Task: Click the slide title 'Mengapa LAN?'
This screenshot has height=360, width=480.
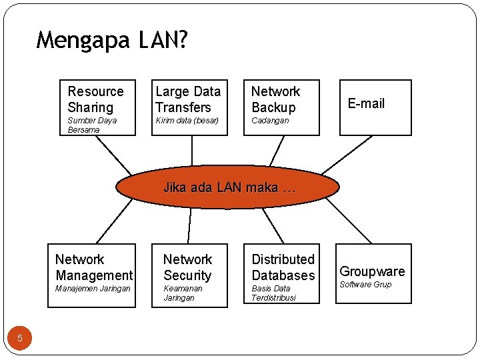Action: pos(112,41)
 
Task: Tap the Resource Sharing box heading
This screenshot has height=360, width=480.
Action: pos(95,99)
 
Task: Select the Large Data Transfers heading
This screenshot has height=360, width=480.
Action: pos(187,99)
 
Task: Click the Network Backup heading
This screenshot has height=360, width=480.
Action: pos(275,99)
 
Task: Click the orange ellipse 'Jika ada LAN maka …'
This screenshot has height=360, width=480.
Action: pos(228,187)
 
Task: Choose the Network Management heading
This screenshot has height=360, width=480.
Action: pos(94,267)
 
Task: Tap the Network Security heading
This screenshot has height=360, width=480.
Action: pos(187,267)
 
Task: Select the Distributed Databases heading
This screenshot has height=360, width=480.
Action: pos(283,267)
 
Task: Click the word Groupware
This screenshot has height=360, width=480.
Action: pos(372,271)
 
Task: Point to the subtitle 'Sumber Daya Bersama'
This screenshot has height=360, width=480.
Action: pos(92,125)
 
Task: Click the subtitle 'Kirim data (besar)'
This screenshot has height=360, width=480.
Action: pos(187,121)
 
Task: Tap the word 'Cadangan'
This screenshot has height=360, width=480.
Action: pos(269,121)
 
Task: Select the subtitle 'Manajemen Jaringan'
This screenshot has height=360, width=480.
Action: pos(93,289)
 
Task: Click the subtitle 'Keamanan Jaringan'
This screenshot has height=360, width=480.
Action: pos(182,293)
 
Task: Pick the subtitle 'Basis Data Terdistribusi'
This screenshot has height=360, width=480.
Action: pos(273,293)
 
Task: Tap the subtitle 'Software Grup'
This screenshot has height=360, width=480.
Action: pos(365,285)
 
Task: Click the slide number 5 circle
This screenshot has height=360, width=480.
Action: pos(20,338)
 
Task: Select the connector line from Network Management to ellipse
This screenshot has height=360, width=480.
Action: pos(114,221)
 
